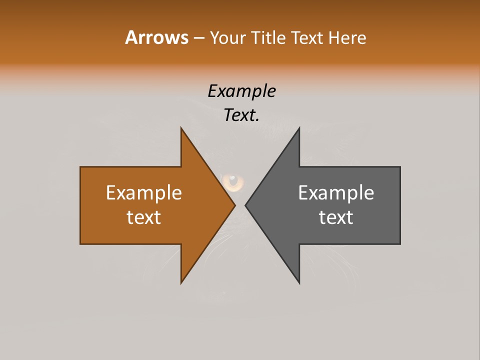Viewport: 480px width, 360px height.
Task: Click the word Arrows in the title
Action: tap(156, 37)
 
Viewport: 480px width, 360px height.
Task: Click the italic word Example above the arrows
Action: tap(242, 91)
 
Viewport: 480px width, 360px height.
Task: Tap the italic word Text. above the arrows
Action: tap(242, 115)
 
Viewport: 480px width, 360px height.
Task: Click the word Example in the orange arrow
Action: tap(144, 193)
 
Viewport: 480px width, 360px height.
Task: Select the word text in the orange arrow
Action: tap(144, 217)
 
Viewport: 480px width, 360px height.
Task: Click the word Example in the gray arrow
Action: tap(336, 193)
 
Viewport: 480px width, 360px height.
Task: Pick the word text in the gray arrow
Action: tap(336, 217)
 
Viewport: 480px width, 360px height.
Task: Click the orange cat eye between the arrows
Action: tap(233, 181)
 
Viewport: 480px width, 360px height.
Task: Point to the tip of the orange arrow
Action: tap(235, 205)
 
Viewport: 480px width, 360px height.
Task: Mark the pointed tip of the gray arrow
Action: tap(245, 205)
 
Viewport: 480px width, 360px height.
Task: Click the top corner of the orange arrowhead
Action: tap(181, 128)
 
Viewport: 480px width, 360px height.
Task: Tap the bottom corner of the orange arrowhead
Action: tap(181, 283)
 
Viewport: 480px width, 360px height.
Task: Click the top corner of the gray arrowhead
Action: tap(299, 128)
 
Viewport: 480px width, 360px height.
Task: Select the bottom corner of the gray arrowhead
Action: tap(299, 283)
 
